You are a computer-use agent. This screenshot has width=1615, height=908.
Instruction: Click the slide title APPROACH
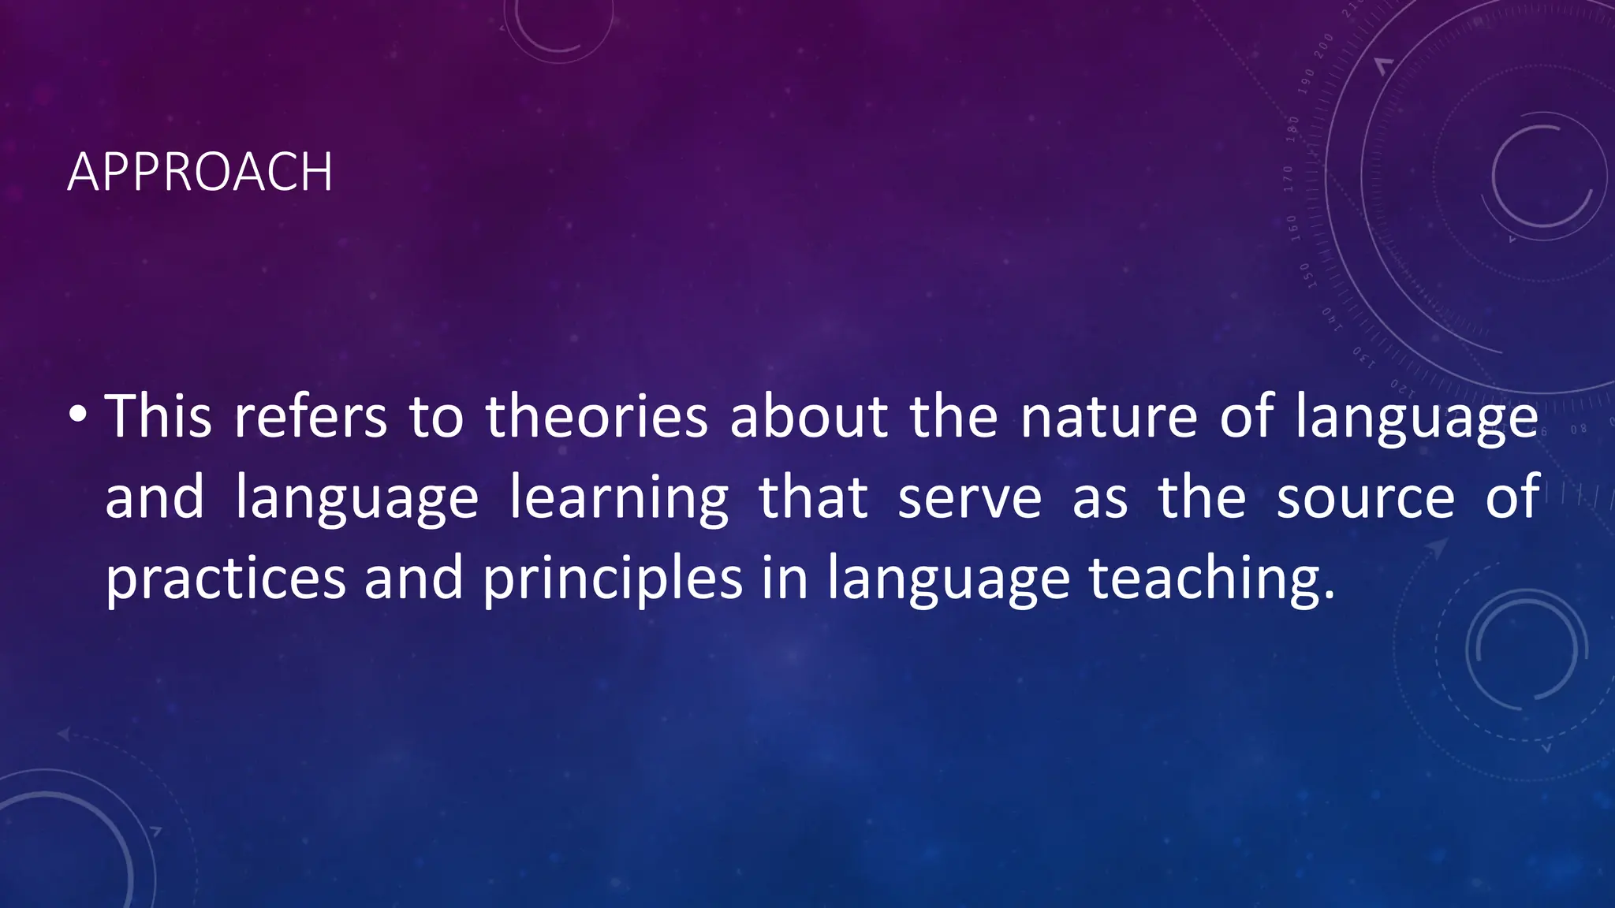click(x=200, y=172)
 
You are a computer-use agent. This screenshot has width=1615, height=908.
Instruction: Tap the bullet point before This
click(x=76, y=415)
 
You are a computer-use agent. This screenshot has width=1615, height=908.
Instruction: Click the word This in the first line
click(x=159, y=416)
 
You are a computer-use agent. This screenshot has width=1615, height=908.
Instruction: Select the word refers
click(x=311, y=416)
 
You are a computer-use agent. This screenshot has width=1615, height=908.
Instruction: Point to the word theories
click(x=596, y=416)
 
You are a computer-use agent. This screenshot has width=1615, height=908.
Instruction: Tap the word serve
click(x=970, y=498)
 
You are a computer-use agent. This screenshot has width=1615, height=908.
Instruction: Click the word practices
click(x=226, y=580)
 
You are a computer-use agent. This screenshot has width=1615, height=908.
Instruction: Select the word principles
click(x=613, y=580)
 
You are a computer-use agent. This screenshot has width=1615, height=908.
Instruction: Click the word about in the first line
click(x=808, y=416)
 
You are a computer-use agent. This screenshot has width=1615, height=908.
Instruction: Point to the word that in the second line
click(x=813, y=498)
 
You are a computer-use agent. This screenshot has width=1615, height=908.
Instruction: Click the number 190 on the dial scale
click(x=1307, y=81)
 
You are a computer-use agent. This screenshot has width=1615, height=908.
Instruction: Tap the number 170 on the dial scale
click(x=1289, y=179)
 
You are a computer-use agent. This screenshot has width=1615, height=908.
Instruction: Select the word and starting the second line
click(x=155, y=498)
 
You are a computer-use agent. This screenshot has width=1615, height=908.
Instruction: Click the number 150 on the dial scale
click(x=1306, y=276)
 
